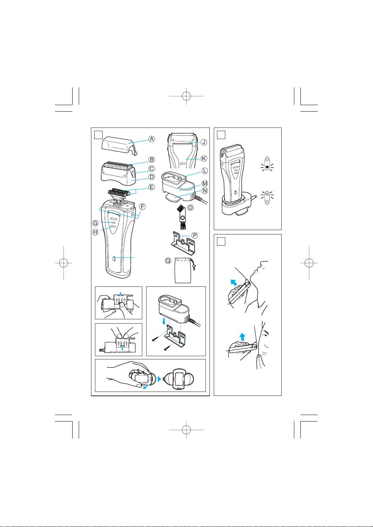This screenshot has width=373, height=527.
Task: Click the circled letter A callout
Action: [152, 139]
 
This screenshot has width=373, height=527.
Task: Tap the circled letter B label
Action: [152, 160]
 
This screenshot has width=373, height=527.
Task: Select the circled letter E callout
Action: [152, 187]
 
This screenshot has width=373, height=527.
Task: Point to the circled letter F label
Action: [142, 207]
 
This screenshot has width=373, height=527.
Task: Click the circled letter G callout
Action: [95, 223]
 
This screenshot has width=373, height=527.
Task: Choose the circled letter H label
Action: [95, 232]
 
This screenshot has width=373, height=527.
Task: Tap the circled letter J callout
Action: [204, 142]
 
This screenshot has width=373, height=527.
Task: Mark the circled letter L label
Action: [205, 170]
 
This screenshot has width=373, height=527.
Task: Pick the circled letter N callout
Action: [205, 191]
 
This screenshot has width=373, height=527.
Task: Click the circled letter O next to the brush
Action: [191, 208]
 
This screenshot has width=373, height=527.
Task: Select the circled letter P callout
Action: [195, 235]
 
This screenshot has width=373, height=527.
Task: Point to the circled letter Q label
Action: [168, 261]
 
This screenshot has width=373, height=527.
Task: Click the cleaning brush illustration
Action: [181, 216]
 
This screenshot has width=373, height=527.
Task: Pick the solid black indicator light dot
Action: [267, 167]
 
